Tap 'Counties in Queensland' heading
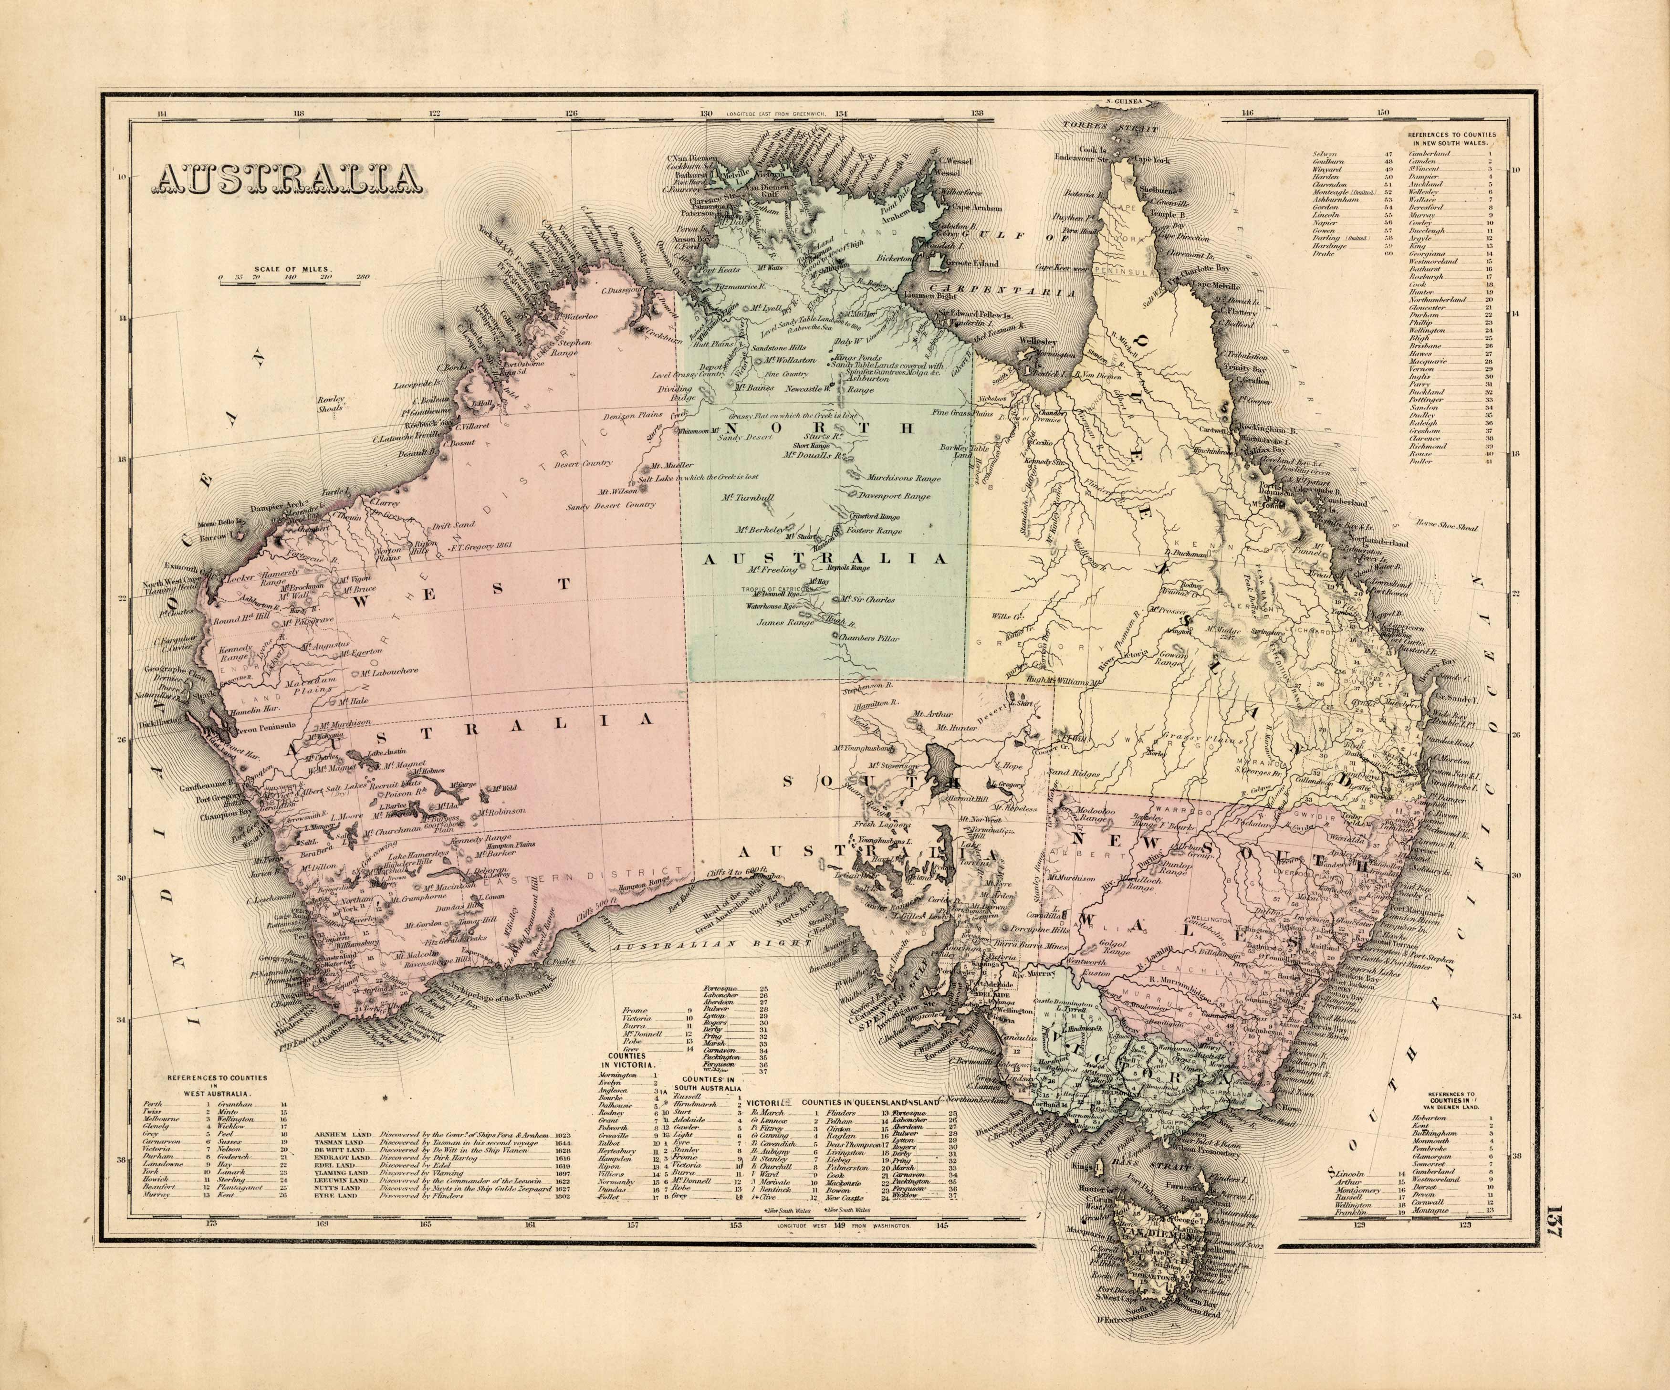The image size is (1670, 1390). pos(871,1103)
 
